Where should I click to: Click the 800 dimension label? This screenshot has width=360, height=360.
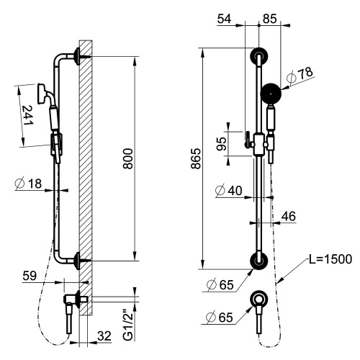(x=127, y=163)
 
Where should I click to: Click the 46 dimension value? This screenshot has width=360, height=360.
(x=289, y=215)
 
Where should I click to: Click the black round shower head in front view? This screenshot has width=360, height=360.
(x=271, y=92)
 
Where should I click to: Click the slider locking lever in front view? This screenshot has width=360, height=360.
(x=246, y=138)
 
